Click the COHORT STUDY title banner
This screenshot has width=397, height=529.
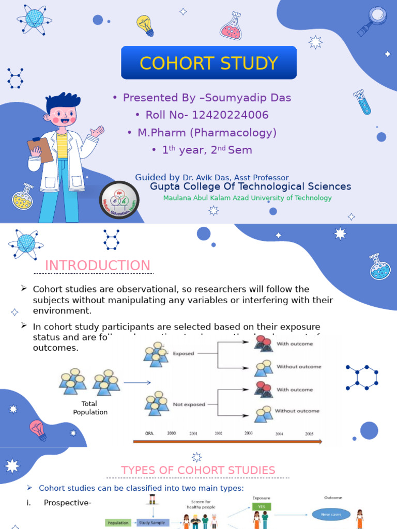tap(209, 63)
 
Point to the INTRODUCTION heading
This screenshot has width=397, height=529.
tap(98, 266)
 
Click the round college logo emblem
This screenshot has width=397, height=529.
tap(119, 201)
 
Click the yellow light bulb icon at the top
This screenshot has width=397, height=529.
tap(145, 25)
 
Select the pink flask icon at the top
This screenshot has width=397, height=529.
tap(231, 27)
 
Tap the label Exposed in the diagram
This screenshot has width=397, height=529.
tap(184, 354)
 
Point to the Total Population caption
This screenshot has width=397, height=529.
tap(90, 408)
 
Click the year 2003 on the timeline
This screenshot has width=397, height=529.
tap(249, 433)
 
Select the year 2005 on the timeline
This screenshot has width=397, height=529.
tap(309, 434)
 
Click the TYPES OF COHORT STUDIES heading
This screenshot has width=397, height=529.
tap(198, 470)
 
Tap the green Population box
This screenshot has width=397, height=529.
tap(118, 523)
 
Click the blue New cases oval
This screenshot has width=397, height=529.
tap(331, 514)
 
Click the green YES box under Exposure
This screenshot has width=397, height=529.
tap(262, 507)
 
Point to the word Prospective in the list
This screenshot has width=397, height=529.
tap(67, 503)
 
